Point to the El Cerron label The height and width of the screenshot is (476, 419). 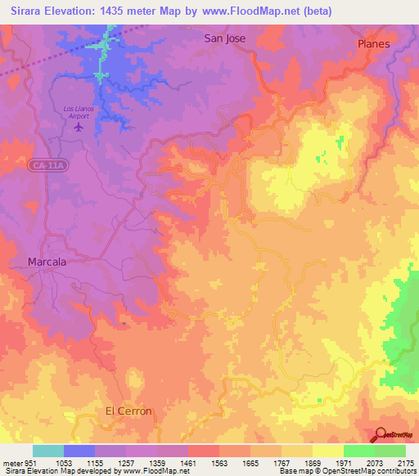[128, 411]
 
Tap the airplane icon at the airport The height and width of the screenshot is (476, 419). [79, 127]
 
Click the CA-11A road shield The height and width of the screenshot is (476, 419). [47, 166]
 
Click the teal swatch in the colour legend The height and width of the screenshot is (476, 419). [48, 451]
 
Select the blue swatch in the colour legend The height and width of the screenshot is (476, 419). [79, 451]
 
